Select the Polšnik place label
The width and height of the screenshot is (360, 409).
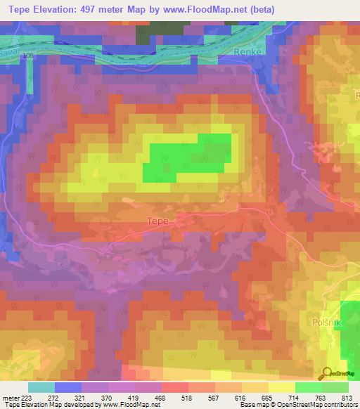pyautogui.click(x=325, y=322)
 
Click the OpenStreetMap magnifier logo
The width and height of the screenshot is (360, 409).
pyautogui.click(x=328, y=373)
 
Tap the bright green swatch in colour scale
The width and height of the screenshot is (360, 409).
pyautogui.click(x=307, y=387)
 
